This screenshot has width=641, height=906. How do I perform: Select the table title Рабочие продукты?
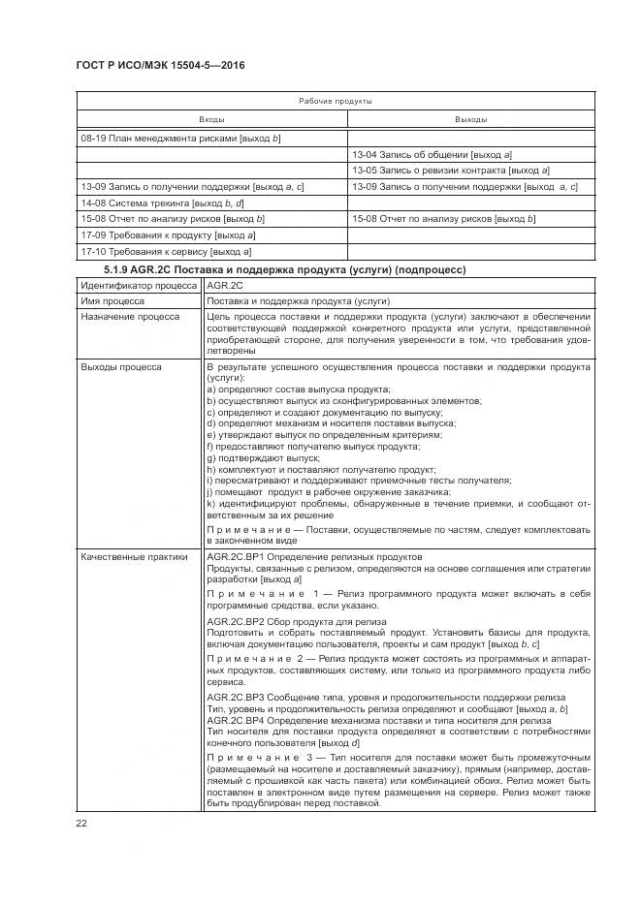point(335,101)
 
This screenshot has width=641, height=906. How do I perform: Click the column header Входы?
point(212,119)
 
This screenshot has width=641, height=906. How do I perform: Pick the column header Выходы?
point(471,119)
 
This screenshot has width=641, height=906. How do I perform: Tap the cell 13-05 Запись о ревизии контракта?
point(450,171)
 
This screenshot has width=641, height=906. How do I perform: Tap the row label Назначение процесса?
point(130,317)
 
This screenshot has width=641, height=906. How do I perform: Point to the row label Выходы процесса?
point(121,367)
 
